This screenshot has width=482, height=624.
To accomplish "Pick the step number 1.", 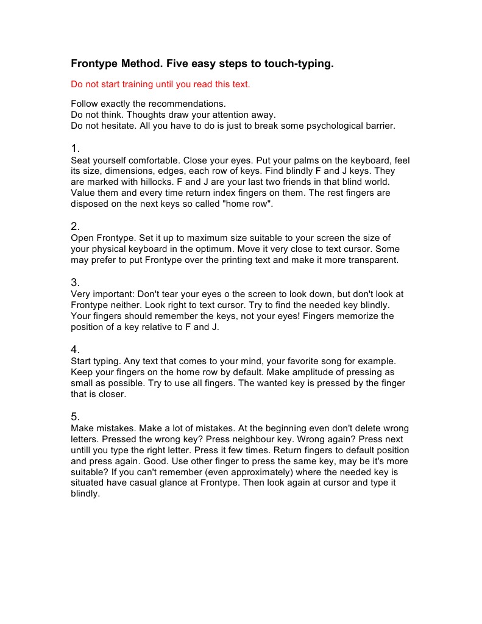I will pos(75,149).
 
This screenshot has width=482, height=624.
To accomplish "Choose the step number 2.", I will pos(75,227).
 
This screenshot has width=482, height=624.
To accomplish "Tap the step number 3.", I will pos(75,282).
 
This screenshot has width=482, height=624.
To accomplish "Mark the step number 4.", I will pos(75,350).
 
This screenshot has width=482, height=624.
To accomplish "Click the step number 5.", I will pos(75,417).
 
